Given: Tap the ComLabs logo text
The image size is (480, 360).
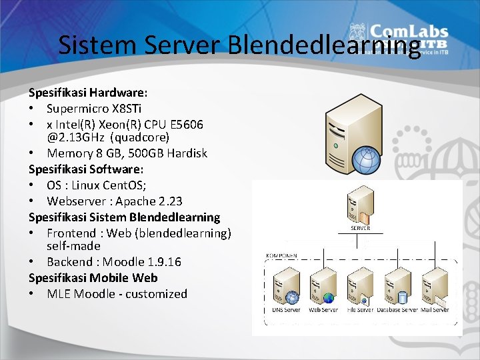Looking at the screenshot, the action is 409,31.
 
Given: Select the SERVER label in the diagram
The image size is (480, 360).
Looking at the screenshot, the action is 360,228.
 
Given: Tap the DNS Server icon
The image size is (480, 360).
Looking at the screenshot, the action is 286,286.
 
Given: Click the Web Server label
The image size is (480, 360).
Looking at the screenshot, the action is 323,310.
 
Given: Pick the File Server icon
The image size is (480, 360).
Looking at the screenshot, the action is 360,285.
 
